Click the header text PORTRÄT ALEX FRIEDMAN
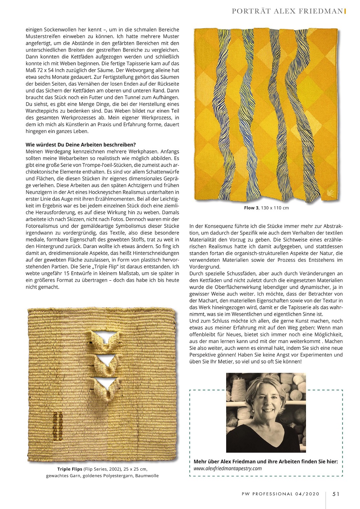click(287, 11)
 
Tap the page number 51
click(336, 494)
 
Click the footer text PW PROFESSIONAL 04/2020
click(280, 494)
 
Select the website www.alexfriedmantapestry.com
click(228, 468)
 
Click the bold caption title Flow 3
click(251, 208)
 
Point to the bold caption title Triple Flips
click(70, 469)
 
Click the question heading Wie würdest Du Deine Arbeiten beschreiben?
click(81, 145)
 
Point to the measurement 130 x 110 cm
click(275, 208)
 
